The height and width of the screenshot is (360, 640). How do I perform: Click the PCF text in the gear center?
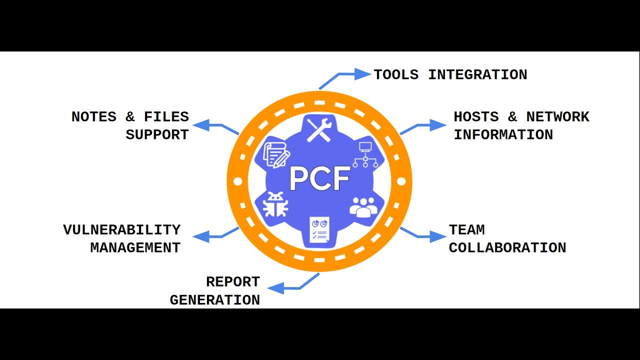click(319, 179)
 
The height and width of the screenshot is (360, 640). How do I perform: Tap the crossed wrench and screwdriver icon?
click(319, 129)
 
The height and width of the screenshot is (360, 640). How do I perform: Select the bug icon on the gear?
click(275, 204)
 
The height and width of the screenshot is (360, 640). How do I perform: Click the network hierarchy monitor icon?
click(364, 154)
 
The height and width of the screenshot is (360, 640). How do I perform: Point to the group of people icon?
click(363, 206)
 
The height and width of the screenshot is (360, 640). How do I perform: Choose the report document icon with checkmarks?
click(319, 230)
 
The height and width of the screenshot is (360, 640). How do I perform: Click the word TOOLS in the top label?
click(396, 75)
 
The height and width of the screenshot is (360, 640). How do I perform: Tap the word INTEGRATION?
click(477, 75)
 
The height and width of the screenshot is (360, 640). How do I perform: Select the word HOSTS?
click(476, 117)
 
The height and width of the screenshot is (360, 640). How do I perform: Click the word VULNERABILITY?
click(121, 230)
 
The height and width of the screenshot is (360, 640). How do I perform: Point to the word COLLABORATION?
click(507, 248)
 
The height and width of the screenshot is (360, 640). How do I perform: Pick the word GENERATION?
click(214, 300)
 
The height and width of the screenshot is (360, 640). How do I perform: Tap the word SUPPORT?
click(157, 135)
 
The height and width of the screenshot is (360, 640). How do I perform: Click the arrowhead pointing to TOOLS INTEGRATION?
click(362, 74)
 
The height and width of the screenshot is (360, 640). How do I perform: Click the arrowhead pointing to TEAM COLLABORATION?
click(437, 236)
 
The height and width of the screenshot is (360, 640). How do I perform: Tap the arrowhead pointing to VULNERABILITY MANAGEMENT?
click(201, 236)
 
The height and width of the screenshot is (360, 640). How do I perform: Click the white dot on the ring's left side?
click(237, 181)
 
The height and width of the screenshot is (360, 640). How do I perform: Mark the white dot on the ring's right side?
click(401, 181)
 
